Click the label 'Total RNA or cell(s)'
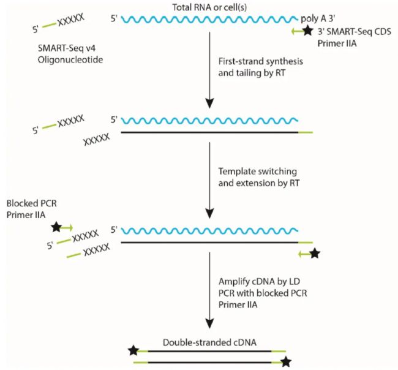[209, 6]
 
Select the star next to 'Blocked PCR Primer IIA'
[56, 227]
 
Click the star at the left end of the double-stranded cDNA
[132, 351]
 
